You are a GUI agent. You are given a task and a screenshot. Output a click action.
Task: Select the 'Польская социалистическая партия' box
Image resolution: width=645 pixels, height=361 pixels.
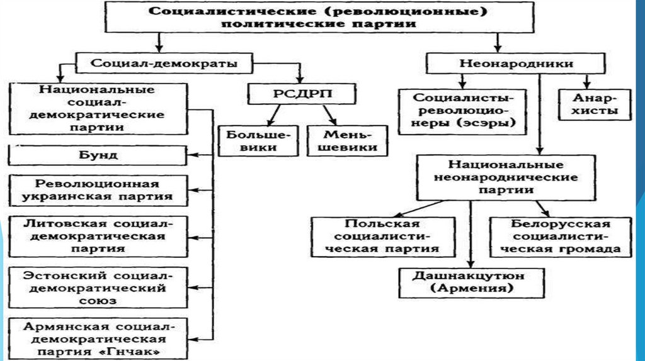point(384,236)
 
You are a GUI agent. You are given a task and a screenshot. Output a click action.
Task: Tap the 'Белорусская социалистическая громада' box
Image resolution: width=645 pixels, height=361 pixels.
point(560,236)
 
